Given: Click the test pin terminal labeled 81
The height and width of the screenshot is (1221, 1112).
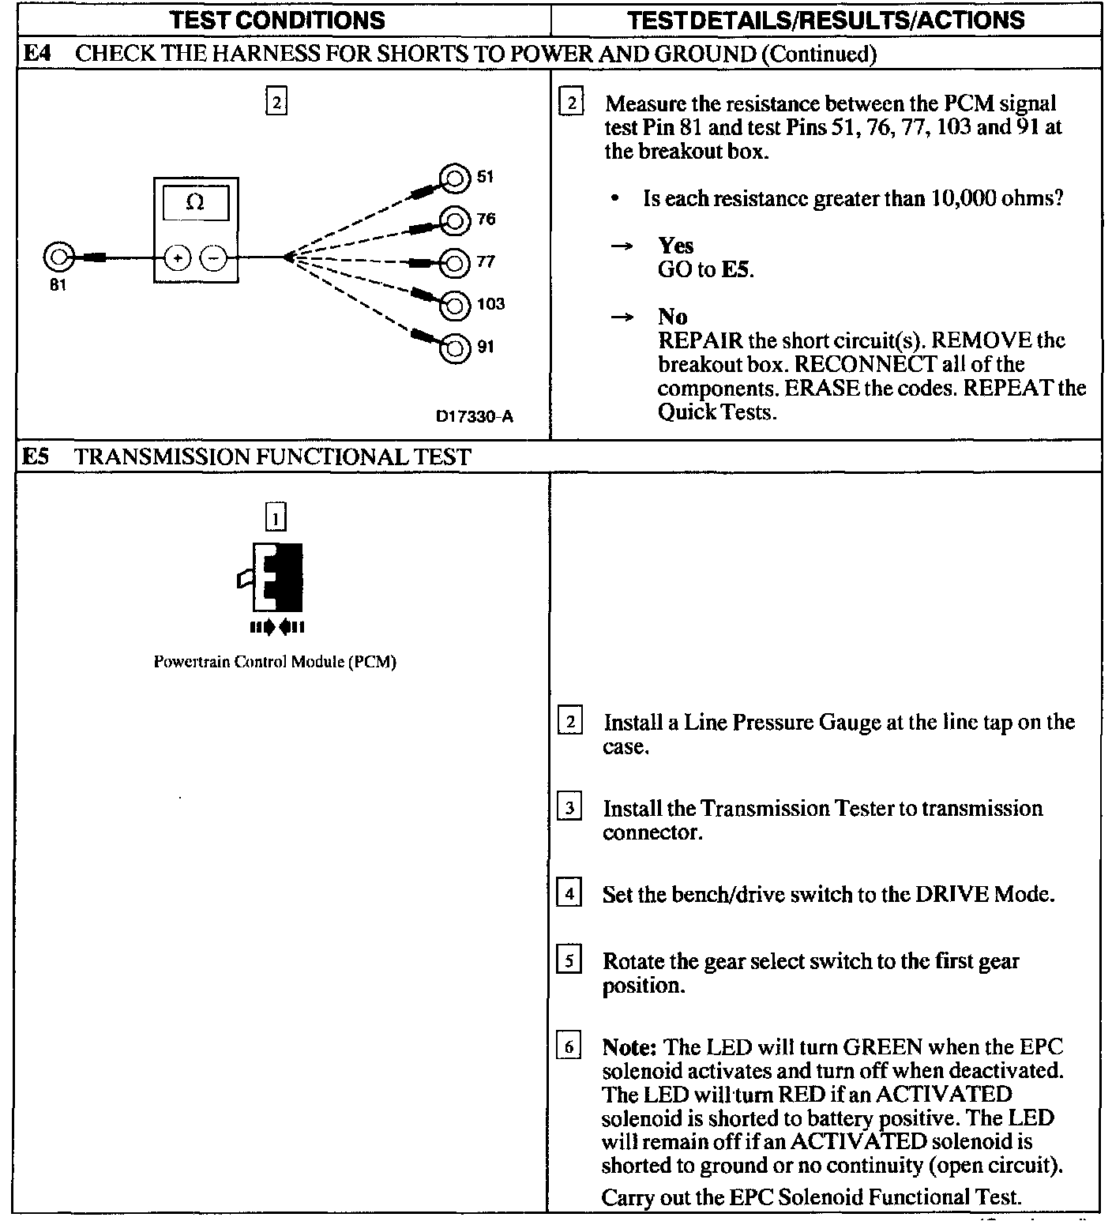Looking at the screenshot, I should coord(58,257).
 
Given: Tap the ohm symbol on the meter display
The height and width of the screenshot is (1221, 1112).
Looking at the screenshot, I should coord(195,202).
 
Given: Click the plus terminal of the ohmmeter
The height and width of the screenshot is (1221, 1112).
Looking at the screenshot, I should coord(178,257).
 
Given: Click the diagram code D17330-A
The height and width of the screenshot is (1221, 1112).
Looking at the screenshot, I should coord(475,416).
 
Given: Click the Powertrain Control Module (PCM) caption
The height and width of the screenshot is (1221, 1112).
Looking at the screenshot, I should coord(275,662).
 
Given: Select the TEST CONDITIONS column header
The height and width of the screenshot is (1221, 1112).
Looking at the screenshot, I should coord(279,20).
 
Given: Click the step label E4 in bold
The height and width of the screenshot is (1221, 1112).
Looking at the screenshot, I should coord(37,54).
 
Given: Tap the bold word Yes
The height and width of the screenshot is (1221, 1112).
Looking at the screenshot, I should coord(676,246).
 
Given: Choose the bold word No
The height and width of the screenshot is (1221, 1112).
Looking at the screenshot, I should coord(672,317).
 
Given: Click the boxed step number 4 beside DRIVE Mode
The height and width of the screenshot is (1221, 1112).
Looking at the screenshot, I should coord(569,895).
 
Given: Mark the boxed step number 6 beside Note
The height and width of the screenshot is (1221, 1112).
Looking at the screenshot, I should coord(569,1048).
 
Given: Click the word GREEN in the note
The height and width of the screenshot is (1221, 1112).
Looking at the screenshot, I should coord(882,1047).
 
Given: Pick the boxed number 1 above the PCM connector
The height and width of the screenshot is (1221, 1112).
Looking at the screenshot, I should coord(275,518).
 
